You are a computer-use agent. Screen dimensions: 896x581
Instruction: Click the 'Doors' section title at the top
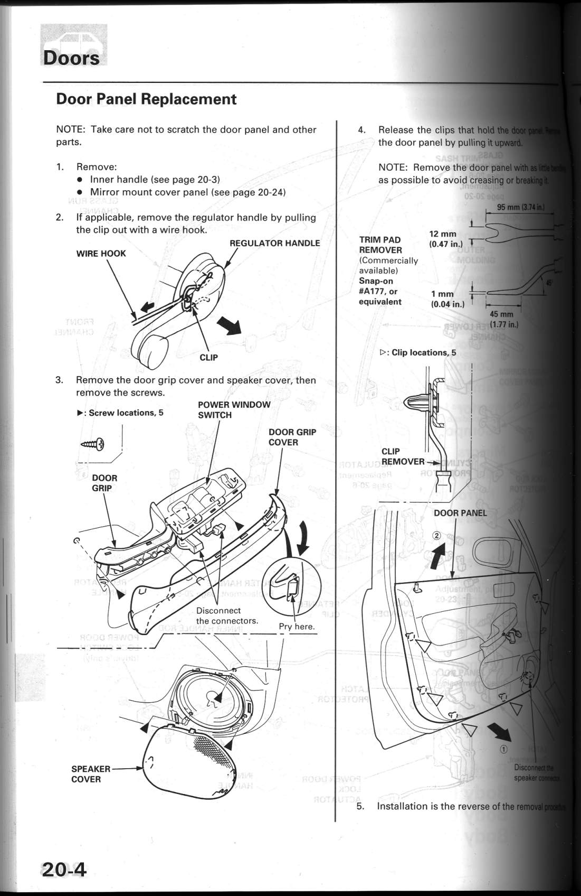[71, 58]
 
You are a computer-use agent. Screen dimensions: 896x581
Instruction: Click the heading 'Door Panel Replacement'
[146, 99]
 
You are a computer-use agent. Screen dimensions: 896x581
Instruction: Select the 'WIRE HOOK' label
[101, 254]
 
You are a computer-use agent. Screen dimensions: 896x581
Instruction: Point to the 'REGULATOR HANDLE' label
[274, 243]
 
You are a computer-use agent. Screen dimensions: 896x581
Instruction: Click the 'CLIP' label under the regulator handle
[208, 358]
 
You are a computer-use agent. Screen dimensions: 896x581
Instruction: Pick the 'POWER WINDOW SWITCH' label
[234, 410]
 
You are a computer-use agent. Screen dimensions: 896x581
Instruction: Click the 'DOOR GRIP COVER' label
[292, 437]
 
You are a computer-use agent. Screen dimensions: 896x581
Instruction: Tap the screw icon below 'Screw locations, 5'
[93, 444]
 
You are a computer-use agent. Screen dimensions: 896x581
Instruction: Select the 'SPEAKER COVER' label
[90, 774]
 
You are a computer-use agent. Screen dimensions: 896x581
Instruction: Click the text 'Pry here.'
[297, 627]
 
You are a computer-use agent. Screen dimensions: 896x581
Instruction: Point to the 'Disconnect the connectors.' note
[227, 615]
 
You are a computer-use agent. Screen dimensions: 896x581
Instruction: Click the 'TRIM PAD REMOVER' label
[380, 245]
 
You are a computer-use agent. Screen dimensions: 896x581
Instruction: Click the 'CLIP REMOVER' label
[402, 456]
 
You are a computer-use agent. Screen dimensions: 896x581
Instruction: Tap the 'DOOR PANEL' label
[460, 513]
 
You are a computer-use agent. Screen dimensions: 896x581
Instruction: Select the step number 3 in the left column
[59, 380]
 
